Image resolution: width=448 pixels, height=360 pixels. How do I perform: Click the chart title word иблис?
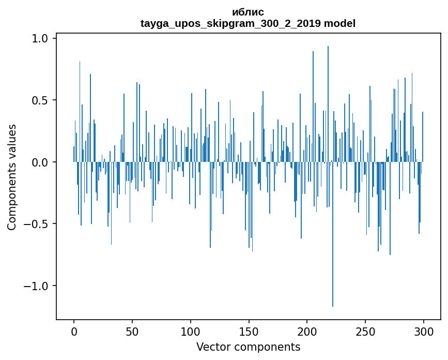(x=248, y=12)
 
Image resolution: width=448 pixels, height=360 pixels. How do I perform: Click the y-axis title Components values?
(x=11, y=177)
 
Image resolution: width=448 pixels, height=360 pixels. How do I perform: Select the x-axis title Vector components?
(x=248, y=347)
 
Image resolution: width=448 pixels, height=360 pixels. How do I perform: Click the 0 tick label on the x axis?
(x=74, y=331)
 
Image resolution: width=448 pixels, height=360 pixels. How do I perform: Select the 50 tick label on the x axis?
(x=132, y=331)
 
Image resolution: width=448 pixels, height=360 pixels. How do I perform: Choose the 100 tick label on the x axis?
(x=191, y=331)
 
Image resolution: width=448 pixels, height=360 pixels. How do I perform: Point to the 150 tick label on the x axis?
(x=249, y=331)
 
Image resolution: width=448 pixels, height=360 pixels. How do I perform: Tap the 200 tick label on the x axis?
(x=307, y=331)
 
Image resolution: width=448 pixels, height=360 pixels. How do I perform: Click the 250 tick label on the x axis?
(x=365, y=331)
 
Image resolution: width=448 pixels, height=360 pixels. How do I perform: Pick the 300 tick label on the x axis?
(x=424, y=331)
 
